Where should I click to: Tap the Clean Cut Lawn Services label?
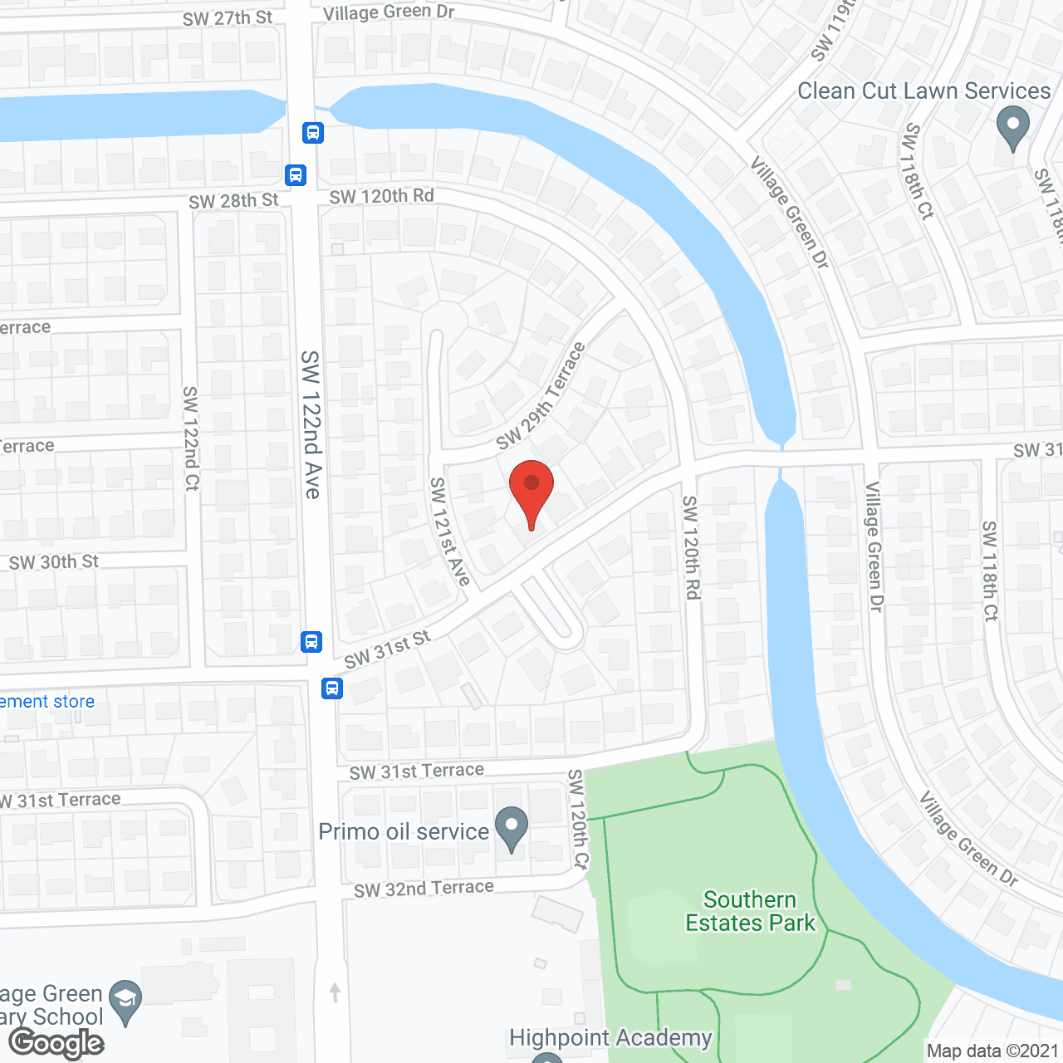point(923,91)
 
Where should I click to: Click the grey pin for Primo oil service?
point(512,828)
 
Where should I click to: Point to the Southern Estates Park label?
point(750,911)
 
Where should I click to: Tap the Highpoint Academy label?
point(610,1038)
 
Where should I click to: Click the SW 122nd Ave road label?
point(311,424)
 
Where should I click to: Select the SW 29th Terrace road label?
point(541,396)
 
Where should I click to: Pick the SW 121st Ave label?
point(450,531)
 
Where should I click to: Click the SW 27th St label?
point(227,18)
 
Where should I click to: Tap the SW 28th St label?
point(233,201)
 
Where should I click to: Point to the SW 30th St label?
point(53,562)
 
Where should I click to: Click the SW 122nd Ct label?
point(191,438)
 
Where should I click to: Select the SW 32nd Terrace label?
point(424,889)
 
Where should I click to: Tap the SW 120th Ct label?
point(578,819)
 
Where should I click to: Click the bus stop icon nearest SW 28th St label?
point(295,175)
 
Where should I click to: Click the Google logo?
point(56,1042)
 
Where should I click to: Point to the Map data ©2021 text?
point(992,1051)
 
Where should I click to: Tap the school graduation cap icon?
point(125,999)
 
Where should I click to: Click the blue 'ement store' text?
point(47,702)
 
